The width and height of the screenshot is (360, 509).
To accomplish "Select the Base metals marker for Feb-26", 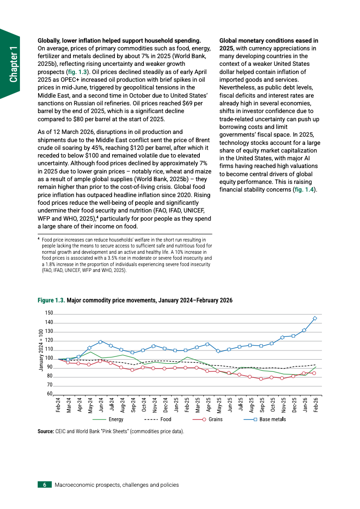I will click(x=315, y=318).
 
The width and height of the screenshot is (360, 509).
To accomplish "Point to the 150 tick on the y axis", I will click(x=49, y=313).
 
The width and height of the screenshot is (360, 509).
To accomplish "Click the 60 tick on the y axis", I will click(x=50, y=394).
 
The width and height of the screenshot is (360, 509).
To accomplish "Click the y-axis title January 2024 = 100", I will click(x=41, y=350).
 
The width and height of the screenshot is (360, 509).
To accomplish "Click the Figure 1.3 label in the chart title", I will click(x=51, y=301).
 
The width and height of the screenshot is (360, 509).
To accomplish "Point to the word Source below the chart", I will click(x=45, y=431).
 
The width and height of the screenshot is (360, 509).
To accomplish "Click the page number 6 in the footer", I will click(x=44, y=484).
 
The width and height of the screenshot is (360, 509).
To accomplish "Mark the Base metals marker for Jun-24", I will click(x=100, y=341).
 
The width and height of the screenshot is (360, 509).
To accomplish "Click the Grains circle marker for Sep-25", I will click(x=261, y=379).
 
